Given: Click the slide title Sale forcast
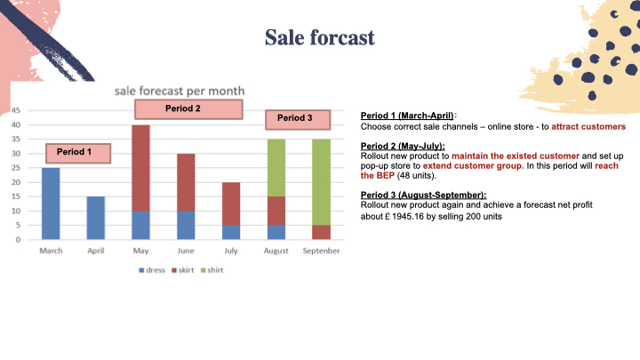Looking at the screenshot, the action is click(x=320, y=37).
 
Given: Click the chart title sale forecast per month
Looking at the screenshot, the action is click(x=180, y=91).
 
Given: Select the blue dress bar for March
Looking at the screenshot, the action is click(x=51, y=204).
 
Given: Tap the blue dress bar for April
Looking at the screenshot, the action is click(x=95, y=218).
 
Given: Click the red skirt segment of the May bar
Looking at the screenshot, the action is click(x=140, y=168).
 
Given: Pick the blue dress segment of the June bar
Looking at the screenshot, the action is click(x=186, y=225).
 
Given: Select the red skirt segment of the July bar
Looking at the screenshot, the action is click(x=231, y=204).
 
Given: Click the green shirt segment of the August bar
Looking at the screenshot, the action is click(x=276, y=168).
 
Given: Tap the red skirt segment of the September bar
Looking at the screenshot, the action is click(x=321, y=232).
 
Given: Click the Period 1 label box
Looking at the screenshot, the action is click(x=78, y=153).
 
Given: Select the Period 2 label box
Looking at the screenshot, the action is click(x=188, y=109).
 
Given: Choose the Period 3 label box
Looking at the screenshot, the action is click(x=298, y=120).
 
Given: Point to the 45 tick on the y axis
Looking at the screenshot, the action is click(x=15, y=110).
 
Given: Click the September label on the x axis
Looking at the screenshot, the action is click(x=321, y=251).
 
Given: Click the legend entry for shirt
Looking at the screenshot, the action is click(x=212, y=270).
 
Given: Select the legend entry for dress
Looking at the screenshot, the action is click(x=152, y=270).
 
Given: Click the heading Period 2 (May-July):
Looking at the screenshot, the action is click(x=403, y=146).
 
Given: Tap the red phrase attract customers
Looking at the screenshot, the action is click(x=588, y=126).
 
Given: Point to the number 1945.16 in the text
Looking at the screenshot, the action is click(x=408, y=216).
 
